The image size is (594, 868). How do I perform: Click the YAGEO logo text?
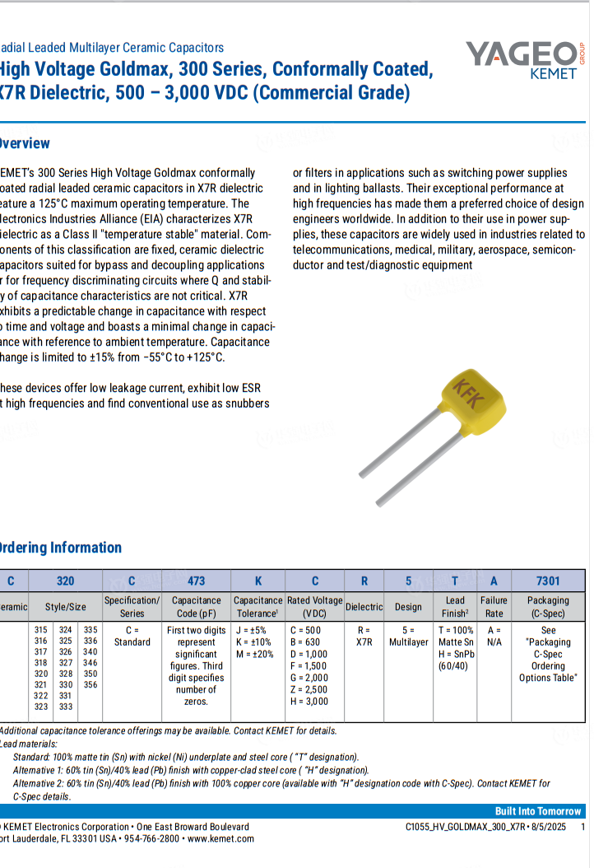[520, 54]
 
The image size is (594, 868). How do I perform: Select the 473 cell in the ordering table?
[197, 581]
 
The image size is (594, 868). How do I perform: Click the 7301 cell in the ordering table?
[548, 581]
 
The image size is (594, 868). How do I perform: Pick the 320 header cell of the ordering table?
[65, 581]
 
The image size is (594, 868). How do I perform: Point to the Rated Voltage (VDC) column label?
[314, 607]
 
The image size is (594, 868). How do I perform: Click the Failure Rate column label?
[494, 607]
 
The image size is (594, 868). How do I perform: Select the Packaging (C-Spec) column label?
[548, 607]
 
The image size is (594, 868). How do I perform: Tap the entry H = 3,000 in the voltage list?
[309, 702]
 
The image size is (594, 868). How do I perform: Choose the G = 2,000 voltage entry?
[309, 678]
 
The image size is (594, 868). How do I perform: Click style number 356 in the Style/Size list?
[90, 684]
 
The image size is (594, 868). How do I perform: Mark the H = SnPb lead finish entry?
[455, 654]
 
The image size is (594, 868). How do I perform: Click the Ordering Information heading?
[59, 548]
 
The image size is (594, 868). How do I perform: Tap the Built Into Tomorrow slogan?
[538, 811]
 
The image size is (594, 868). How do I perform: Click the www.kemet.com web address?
[221, 838]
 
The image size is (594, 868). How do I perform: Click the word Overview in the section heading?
[25, 143]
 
